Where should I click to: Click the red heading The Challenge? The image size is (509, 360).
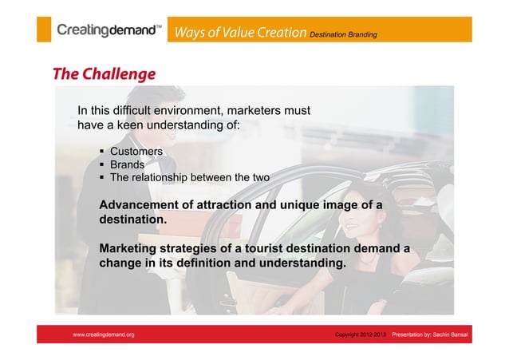pyautogui.click(x=104, y=75)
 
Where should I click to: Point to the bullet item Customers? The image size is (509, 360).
pyautogui.click(x=136, y=152)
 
